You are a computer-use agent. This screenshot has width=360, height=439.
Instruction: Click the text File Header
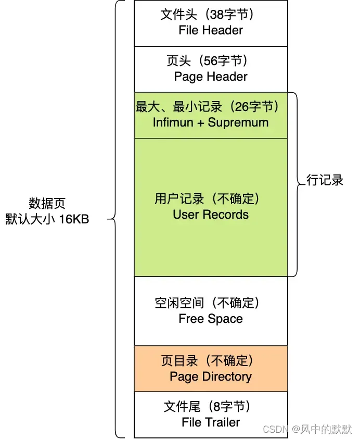click(x=211, y=30)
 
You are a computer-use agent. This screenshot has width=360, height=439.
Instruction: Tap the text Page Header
click(x=211, y=77)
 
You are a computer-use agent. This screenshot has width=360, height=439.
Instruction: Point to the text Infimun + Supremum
click(x=211, y=122)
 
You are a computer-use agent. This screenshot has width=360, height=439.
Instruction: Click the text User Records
click(x=211, y=215)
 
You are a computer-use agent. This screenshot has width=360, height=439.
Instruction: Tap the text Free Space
click(x=211, y=319)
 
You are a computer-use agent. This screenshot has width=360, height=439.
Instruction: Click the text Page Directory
click(x=211, y=377)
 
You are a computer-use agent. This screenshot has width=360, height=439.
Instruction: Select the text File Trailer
click(x=211, y=422)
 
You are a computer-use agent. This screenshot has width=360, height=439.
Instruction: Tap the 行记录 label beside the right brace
click(x=325, y=181)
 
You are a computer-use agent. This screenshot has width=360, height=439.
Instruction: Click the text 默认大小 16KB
click(x=47, y=219)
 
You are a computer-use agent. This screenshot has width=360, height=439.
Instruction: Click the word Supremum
click(x=238, y=122)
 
